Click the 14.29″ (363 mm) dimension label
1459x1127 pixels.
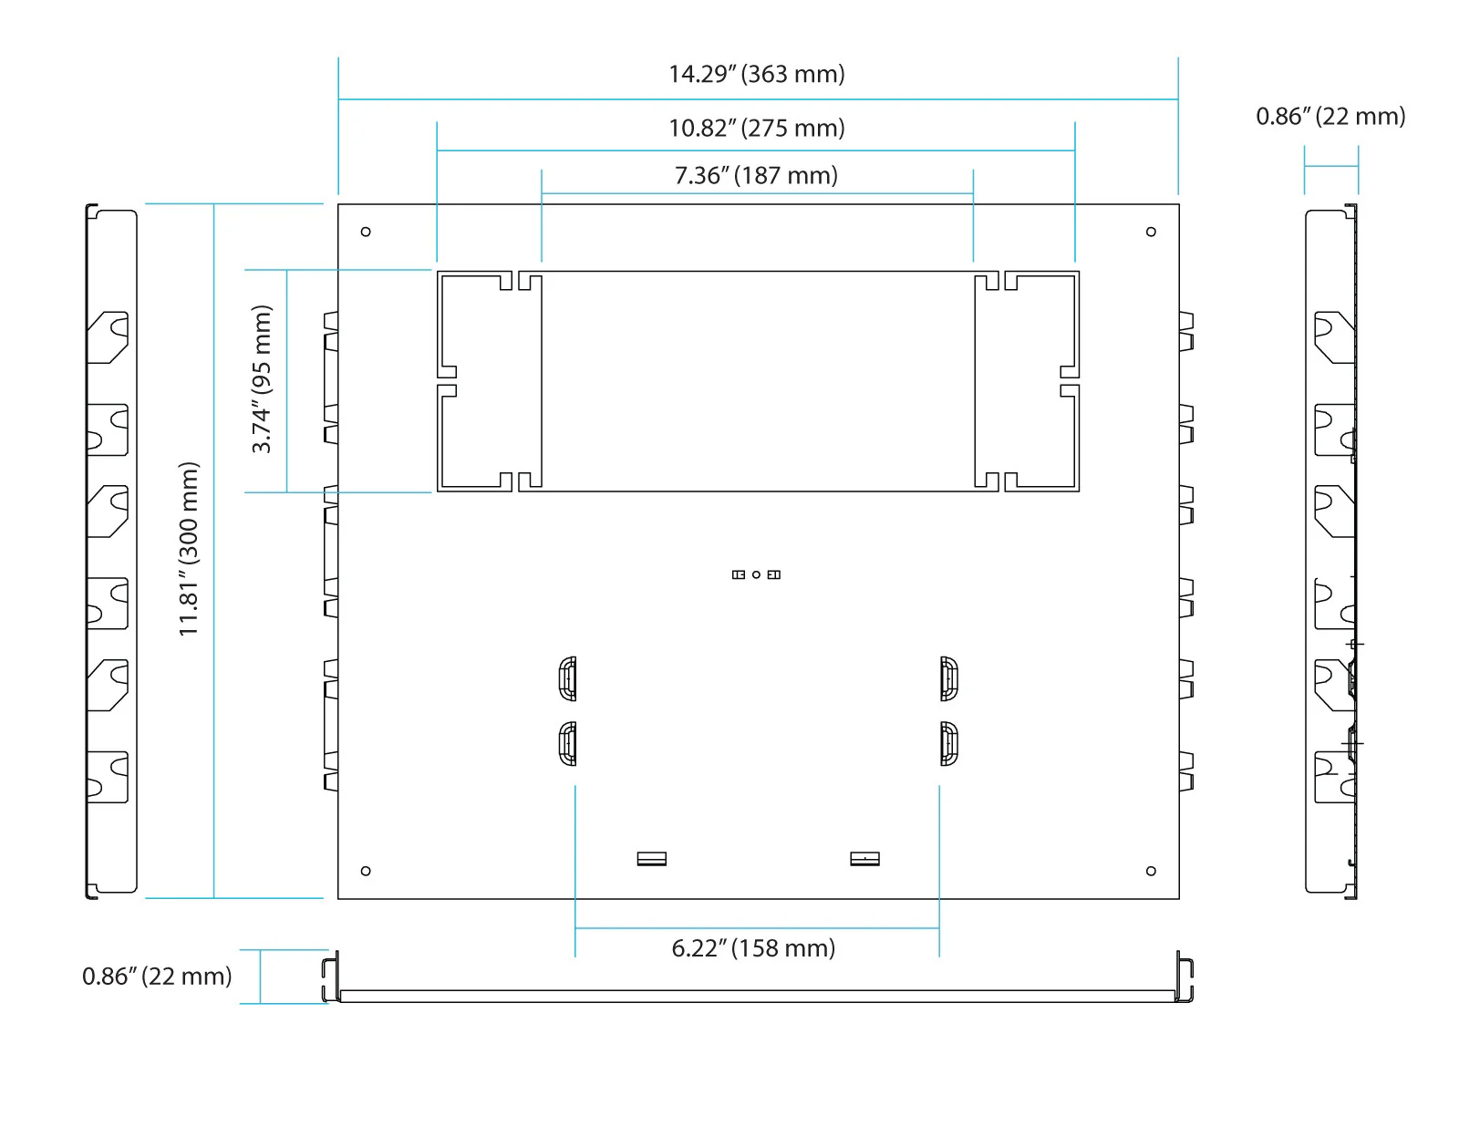click(x=756, y=74)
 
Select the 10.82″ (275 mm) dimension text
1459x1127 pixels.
click(x=756, y=129)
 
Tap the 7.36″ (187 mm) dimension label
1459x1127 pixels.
click(x=756, y=176)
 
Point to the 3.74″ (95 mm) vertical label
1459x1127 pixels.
click(x=262, y=379)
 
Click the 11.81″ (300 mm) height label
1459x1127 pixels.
click(x=189, y=549)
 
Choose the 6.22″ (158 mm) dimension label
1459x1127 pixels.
click(x=753, y=948)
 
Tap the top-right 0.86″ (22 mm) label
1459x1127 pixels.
click(x=1330, y=117)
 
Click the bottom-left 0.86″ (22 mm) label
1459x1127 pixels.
click(x=157, y=977)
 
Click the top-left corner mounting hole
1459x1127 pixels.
click(x=366, y=233)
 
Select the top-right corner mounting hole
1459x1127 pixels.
click(x=1151, y=233)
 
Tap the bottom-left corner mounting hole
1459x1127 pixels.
click(x=366, y=872)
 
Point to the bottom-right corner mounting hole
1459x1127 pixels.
click(x=1151, y=872)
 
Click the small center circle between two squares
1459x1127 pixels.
click(x=756, y=575)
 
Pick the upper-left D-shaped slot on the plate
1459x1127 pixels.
click(x=568, y=678)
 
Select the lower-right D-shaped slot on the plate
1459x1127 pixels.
click(x=948, y=744)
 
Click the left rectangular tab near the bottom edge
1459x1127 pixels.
click(x=651, y=859)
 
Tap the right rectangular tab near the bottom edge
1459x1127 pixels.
click(x=864, y=859)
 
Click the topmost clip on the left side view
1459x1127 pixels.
click(x=108, y=337)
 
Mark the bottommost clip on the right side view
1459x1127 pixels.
click(x=1335, y=777)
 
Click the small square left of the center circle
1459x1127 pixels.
click(x=739, y=575)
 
